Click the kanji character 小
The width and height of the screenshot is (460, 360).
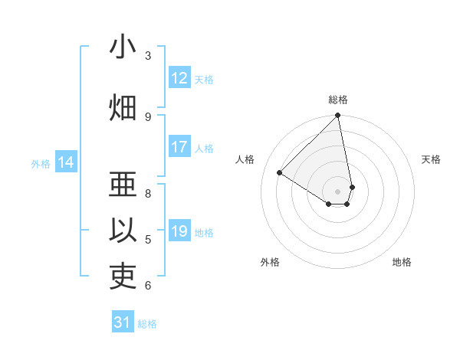click(x=123, y=47)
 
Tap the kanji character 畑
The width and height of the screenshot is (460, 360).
click(x=123, y=108)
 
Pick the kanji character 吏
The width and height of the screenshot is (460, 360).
click(x=123, y=277)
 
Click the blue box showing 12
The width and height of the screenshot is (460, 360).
click(x=179, y=78)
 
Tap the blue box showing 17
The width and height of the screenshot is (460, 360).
click(x=179, y=147)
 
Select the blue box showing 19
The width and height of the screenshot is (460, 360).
click(x=179, y=231)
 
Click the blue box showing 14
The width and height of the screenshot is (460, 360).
click(x=66, y=162)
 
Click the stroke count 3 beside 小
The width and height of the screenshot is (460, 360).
click(x=148, y=56)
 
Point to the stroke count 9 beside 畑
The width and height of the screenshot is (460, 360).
click(x=148, y=116)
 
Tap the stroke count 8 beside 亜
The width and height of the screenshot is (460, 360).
click(x=148, y=193)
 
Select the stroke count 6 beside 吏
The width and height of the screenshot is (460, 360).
click(x=148, y=286)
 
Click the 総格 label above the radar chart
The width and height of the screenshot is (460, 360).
click(x=338, y=100)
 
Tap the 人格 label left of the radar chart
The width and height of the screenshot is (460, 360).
click(x=245, y=159)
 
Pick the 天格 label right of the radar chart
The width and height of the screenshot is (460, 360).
click(x=431, y=159)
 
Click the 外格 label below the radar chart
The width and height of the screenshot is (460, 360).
click(x=270, y=262)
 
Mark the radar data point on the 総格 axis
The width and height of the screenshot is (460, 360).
click(x=338, y=116)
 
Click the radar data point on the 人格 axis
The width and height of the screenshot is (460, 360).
click(x=280, y=172)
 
